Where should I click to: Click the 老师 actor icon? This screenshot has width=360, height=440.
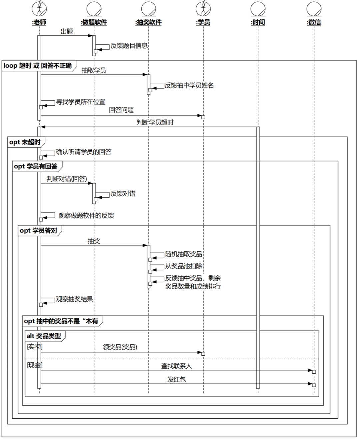click(x=39, y=9)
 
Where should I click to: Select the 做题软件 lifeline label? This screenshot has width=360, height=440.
click(x=94, y=22)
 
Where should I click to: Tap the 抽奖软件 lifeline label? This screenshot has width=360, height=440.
click(x=149, y=22)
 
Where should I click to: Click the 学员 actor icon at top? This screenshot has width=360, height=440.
click(x=203, y=9)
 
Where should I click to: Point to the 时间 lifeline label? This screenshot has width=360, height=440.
click(x=258, y=22)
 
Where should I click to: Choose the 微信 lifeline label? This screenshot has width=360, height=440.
click(x=314, y=22)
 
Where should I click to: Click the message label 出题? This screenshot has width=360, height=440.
click(x=67, y=32)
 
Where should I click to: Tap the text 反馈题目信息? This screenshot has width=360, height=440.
click(x=129, y=46)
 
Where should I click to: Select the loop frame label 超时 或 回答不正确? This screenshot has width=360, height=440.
click(x=38, y=66)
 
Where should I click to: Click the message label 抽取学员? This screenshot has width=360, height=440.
click(x=94, y=70)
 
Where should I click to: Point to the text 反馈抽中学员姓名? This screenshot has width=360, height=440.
click(x=189, y=85)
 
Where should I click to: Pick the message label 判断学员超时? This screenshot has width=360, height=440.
click(x=155, y=122)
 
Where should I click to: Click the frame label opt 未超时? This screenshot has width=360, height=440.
click(x=25, y=142)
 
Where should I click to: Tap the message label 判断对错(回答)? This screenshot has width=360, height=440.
click(x=67, y=179)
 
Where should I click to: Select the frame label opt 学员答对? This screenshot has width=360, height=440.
click(x=39, y=231)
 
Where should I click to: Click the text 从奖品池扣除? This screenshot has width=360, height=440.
click(x=184, y=266)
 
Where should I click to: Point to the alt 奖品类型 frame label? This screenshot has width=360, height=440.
click(x=44, y=336)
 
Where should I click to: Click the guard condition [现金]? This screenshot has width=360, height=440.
click(x=35, y=365)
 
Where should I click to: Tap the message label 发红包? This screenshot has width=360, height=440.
click(x=177, y=379)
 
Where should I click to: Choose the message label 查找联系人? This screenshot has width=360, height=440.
click(x=177, y=366)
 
